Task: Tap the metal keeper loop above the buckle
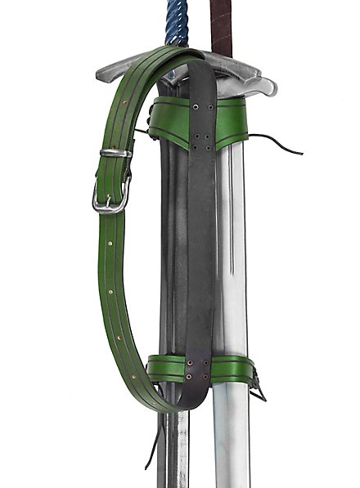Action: [x=115, y=153]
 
